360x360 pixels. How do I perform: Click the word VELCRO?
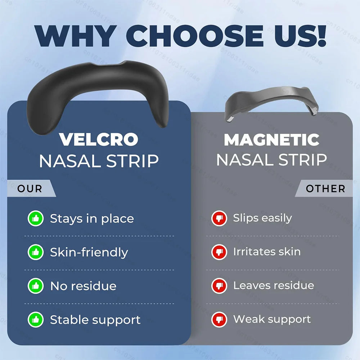(99, 140)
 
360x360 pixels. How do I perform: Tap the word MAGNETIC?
(271, 140)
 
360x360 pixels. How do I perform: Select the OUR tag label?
(30, 189)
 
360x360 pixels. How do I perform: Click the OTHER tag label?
(325, 189)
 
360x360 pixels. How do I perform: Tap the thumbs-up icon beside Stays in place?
(35, 219)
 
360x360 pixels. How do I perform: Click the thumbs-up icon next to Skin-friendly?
(35, 252)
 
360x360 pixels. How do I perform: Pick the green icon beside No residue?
(35, 286)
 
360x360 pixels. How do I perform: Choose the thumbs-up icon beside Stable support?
(35, 320)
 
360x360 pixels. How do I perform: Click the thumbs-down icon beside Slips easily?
(219, 218)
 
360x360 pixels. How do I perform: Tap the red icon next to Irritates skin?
(219, 252)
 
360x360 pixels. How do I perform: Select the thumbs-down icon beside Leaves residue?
(219, 286)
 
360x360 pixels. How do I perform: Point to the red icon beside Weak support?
(219, 319)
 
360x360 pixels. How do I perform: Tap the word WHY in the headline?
(76, 35)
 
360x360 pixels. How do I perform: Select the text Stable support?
(95, 320)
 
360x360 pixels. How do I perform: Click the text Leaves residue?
(274, 285)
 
